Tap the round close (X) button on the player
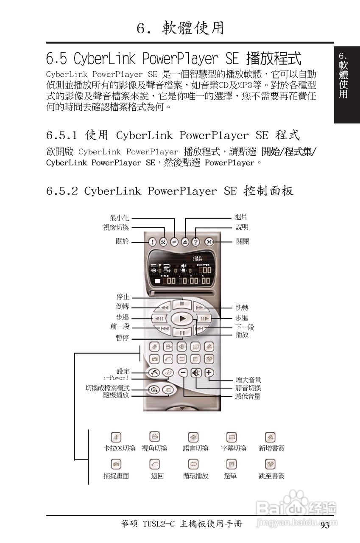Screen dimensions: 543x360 (209, 242)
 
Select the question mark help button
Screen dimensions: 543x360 (196, 242)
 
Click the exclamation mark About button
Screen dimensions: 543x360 (153, 242)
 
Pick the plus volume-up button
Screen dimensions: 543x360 (209, 373)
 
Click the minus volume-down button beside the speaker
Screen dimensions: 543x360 (183, 373)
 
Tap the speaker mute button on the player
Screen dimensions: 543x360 (195, 373)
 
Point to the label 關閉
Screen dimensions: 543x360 (243, 242)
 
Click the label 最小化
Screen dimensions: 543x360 (119, 218)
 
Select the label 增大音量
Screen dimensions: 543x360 (248, 380)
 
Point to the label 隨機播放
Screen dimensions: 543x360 (116, 395)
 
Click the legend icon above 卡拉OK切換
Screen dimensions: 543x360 (115, 437)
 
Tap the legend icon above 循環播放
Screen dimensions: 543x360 (193, 464)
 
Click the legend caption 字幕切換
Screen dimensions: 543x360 (234, 448)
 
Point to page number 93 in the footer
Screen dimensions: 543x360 (325, 526)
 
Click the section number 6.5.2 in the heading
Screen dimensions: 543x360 (62, 191)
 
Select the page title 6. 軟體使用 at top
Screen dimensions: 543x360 (180, 28)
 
